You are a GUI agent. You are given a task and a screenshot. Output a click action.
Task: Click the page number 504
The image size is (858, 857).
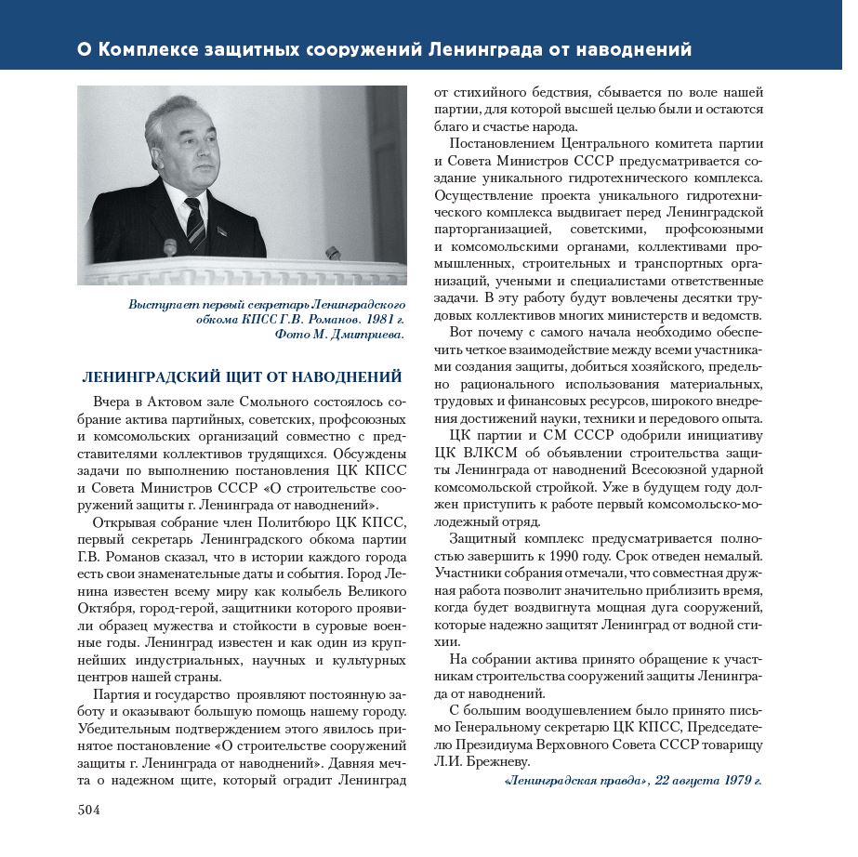[89, 810]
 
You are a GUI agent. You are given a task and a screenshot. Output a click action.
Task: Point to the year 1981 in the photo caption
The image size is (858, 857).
[363, 320]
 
